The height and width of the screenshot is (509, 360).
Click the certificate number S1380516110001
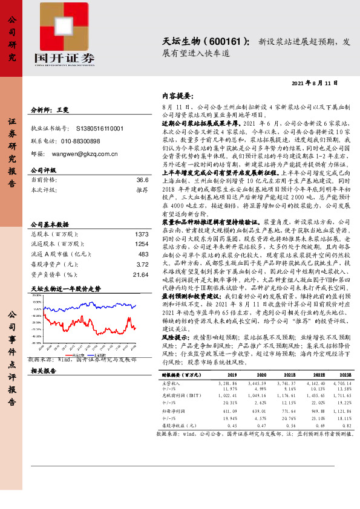[100, 128]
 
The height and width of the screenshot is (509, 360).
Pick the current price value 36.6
[142, 180]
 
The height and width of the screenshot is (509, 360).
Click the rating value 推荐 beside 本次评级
[142, 189]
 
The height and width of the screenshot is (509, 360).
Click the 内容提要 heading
[177, 96]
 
